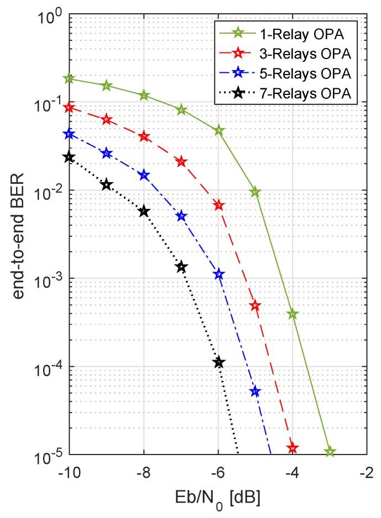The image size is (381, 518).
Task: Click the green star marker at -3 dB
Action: point(330,452)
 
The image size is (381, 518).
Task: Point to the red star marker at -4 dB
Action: point(293,448)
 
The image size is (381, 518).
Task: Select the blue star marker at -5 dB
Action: point(255,392)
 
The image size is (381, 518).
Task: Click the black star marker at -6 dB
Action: point(219,362)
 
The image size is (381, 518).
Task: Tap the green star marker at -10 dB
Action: point(69,78)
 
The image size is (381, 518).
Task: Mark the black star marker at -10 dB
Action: point(69,157)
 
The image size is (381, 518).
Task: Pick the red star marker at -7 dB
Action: point(181,162)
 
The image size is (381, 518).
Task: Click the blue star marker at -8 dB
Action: point(144,176)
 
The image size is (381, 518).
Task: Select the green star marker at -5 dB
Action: point(255,192)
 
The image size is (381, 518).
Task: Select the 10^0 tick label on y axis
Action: point(49,17)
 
